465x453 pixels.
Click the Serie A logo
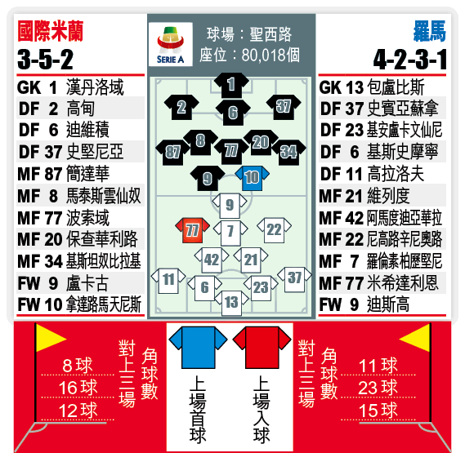pos(171,44)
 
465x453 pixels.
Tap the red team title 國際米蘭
pos(51,31)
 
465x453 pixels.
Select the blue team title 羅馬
pos(430,31)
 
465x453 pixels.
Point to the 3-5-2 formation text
pos(46,60)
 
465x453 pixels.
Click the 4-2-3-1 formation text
pos(410,60)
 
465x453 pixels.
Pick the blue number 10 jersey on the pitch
pos(252,178)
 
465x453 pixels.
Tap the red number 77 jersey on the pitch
pos(193,230)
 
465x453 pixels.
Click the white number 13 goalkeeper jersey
pos(231,303)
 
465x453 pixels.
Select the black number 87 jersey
pos(173,153)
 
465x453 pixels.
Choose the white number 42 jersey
pos(212,260)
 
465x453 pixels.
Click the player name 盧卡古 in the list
pos(87,283)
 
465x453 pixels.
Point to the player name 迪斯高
pos(388,304)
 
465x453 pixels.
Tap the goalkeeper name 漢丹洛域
pos(95,87)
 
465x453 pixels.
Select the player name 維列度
pos(388,196)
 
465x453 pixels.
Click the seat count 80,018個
pos(271,56)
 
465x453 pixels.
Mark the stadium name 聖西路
pos(271,34)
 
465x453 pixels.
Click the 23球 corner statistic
pos(378,388)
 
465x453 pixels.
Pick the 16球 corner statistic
pos(78,388)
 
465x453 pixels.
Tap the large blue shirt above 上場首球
pos(198,347)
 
